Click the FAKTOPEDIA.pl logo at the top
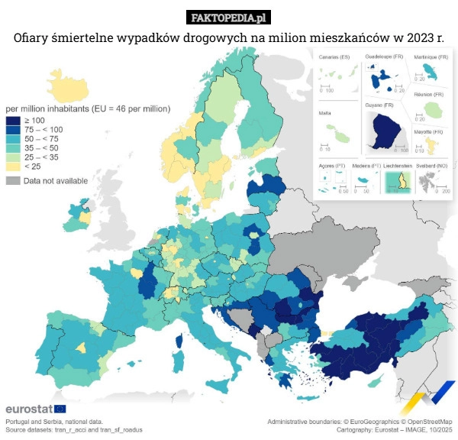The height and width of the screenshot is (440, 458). pos(228,17)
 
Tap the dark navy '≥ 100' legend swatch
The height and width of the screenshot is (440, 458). pos(13,121)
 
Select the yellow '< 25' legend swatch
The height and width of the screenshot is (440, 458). pos(13,165)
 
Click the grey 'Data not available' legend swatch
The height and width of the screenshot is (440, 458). pos(13,181)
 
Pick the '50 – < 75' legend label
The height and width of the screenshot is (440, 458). pos(41,139)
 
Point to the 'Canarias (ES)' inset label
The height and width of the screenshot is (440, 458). pos(334,58)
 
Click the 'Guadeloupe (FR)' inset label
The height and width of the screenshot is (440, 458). pos(384,57)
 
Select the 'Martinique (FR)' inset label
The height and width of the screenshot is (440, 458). pos(431,57)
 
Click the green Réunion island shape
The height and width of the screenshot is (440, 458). pos(434,111)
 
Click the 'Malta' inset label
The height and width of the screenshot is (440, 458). pos(325,112)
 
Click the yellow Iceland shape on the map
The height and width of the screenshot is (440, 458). pos(64,83)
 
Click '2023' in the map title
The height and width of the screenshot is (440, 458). pos(418,37)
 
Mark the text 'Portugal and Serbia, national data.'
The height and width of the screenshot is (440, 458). pos(53,422)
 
